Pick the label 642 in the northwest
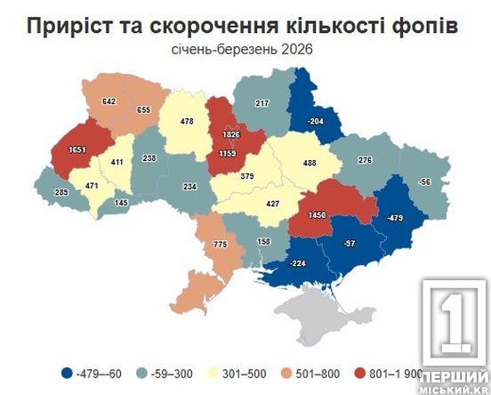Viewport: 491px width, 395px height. (x=111, y=102)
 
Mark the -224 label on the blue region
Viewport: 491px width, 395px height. (x=297, y=264)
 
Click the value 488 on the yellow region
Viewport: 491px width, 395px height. (x=311, y=163)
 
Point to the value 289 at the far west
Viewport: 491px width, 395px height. (x=62, y=192)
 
